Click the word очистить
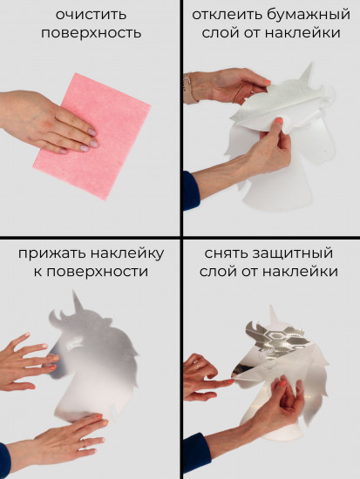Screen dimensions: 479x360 (90, 15)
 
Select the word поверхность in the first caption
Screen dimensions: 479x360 (90, 34)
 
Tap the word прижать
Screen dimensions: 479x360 (51, 253)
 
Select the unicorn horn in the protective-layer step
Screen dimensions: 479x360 (275, 310)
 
